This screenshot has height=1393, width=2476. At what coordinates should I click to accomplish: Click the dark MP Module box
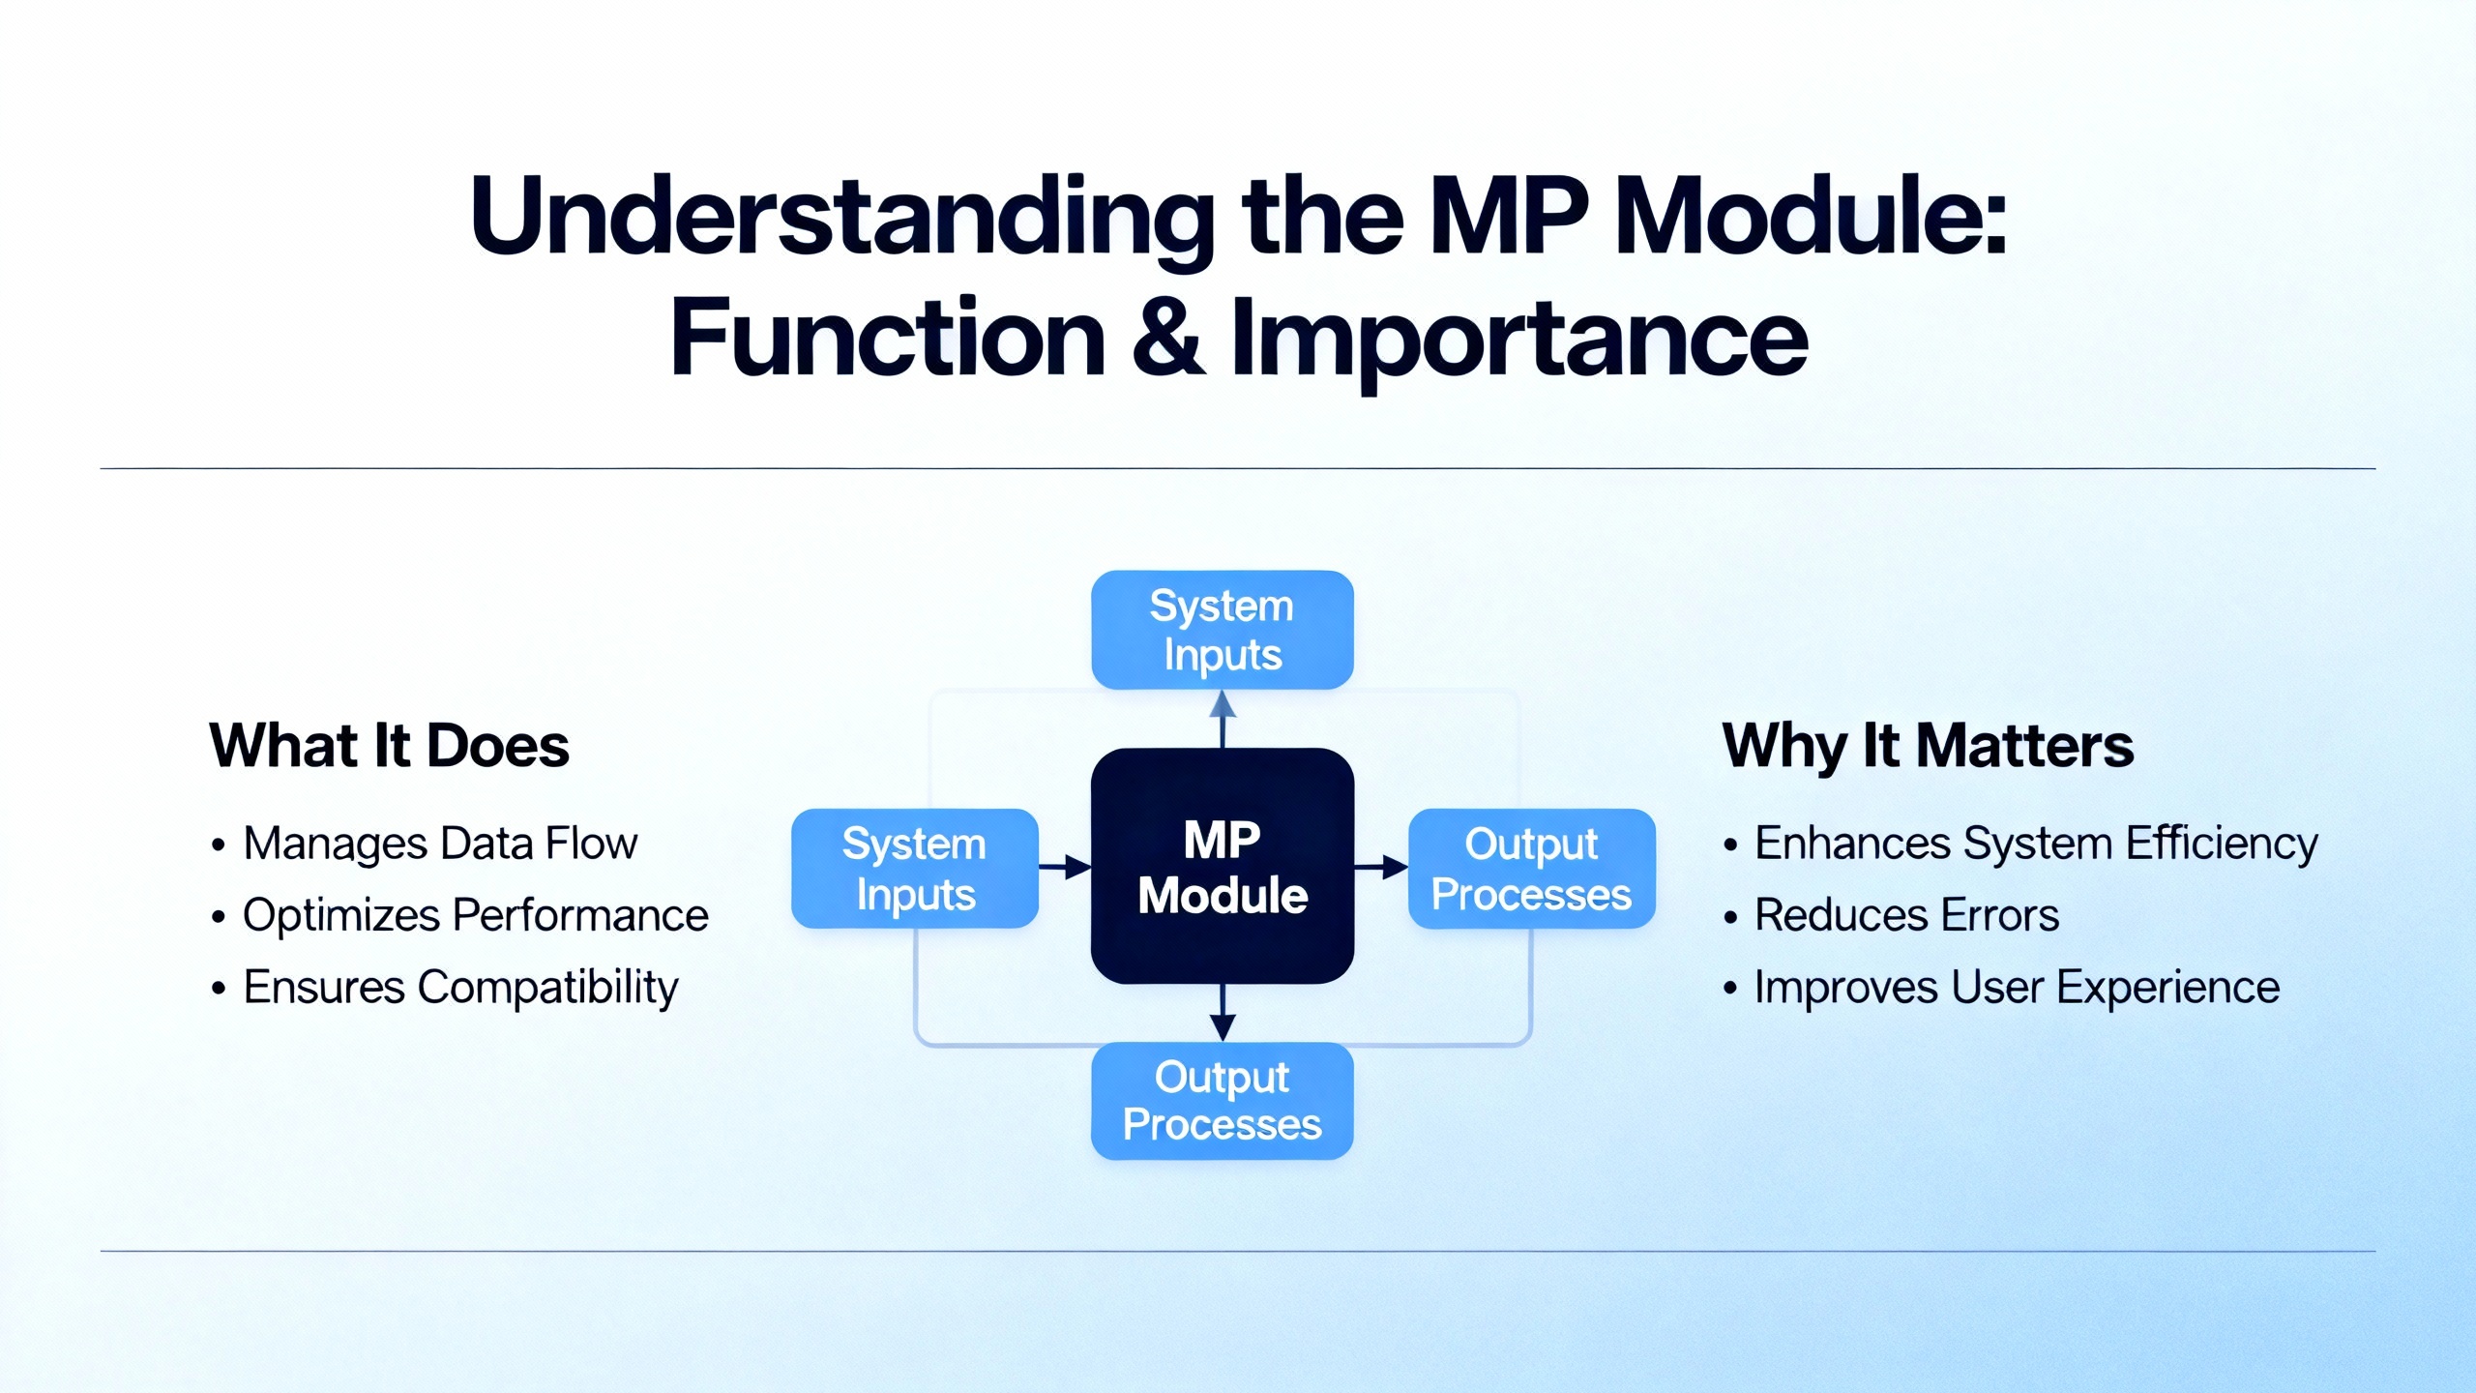pos(1223,866)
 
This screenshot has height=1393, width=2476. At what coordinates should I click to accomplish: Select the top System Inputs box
pos(1223,630)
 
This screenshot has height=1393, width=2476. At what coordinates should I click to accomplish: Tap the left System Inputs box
pos(914,869)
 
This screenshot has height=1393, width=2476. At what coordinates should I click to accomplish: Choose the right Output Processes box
pos(1532,869)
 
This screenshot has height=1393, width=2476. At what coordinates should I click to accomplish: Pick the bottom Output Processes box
pos(1223,1101)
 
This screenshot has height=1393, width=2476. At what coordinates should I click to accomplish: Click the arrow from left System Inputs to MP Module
pos(1065,867)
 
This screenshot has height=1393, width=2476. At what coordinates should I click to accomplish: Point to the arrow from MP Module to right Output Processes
pos(1381,867)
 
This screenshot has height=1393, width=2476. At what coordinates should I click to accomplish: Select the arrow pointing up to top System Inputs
pos(1223,718)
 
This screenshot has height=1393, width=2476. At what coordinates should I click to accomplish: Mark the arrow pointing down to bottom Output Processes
pos(1223,1013)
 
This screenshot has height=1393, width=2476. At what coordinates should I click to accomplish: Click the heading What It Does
pos(389,746)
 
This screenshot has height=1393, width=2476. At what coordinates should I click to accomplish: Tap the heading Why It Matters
pos(1928,746)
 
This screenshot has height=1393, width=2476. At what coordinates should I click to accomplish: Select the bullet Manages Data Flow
pos(440,844)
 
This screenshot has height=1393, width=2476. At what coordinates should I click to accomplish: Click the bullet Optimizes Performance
pos(475,915)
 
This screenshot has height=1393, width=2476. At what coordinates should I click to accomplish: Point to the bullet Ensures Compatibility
pos(460,988)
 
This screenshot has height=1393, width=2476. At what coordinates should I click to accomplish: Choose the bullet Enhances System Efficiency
pos(2036,844)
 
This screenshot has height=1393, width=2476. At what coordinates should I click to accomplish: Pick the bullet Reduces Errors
pos(1906,915)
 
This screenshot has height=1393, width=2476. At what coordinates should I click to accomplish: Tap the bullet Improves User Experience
pos(2017,988)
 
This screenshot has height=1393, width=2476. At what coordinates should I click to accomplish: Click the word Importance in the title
pos(1518,339)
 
